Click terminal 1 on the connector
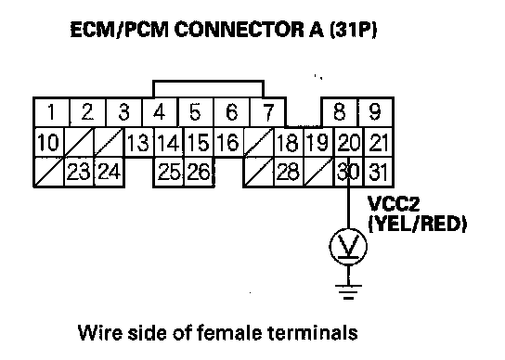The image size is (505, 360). (52, 112)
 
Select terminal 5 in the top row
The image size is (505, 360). (195, 112)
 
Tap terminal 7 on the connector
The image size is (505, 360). (267, 112)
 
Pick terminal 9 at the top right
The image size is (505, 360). (375, 112)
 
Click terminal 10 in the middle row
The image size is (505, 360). (49, 142)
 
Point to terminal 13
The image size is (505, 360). (138, 142)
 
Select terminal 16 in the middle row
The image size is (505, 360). (228, 142)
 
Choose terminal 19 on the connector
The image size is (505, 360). (318, 142)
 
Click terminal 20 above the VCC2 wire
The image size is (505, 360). (348, 142)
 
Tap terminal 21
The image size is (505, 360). (378, 142)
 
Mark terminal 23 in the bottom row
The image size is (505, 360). (79, 172)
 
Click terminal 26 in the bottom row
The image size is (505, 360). (199, 172)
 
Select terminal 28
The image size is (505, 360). (288, 172)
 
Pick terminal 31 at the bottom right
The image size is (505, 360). (378, 172)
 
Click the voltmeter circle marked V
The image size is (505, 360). (348, 247)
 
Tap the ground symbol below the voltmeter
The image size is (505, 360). (348, 292)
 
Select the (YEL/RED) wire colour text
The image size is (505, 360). (418, 225)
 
